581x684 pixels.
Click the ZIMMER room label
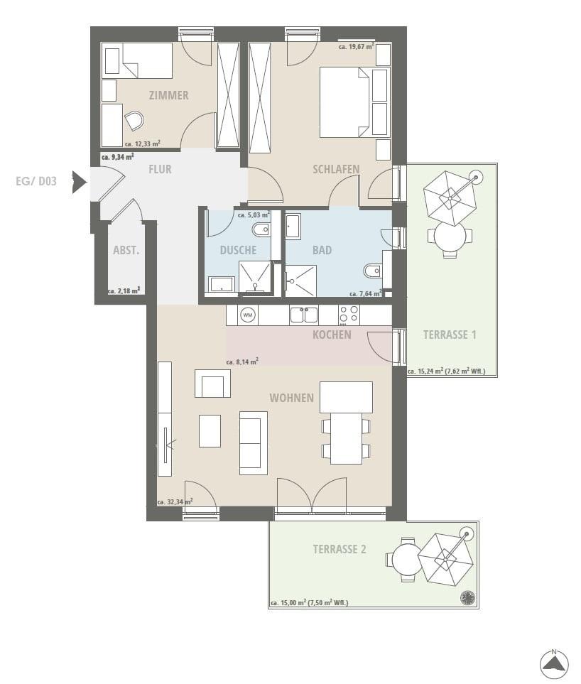point(169,95)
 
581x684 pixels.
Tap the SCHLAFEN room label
point(336,169)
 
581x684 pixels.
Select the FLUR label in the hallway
point(160,169)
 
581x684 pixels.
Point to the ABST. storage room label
point(126,251)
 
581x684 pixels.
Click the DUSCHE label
point(238,251)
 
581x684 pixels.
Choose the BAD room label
point(322,251)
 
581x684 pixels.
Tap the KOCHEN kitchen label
point(332,335)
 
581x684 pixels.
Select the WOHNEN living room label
point(292,398)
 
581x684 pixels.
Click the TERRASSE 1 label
point(450,335)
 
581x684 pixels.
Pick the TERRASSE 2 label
point(340,549)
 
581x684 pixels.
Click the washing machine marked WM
point(248,315)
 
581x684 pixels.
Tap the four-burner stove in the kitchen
point(349,315)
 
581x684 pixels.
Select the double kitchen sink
point(304,315)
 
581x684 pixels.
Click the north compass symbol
point(554,664)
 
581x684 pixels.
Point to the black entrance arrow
point(79,182)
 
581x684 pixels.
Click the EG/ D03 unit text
point(36,181)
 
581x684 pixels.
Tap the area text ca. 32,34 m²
point(175,502)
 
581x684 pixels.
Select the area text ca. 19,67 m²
point(357,46)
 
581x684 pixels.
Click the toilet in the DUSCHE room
point(261,229)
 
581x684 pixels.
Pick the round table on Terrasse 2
point(406,559)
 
